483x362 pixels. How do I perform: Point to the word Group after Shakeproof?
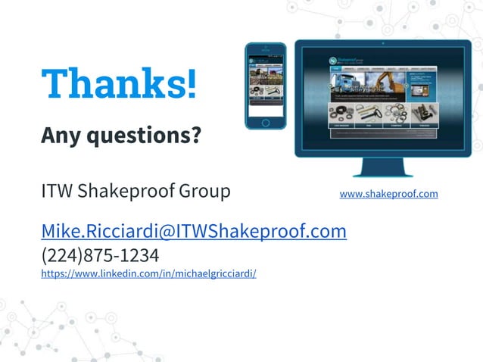(x=204, y=191)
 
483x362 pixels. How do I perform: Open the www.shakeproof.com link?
(x=388, y=194)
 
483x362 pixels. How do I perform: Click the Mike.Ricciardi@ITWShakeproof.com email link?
(x=194, y=231)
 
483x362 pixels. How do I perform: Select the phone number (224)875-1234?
(x=100, y=254)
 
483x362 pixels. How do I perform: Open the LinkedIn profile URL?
(x=148, y=273)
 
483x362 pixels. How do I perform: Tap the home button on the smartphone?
(x=265, y=122)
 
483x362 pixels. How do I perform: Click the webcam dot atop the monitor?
(x=383, y=43)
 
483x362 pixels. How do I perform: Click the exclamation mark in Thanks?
(x=190, y=83)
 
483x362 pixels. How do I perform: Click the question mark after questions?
(x=196, y=136)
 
